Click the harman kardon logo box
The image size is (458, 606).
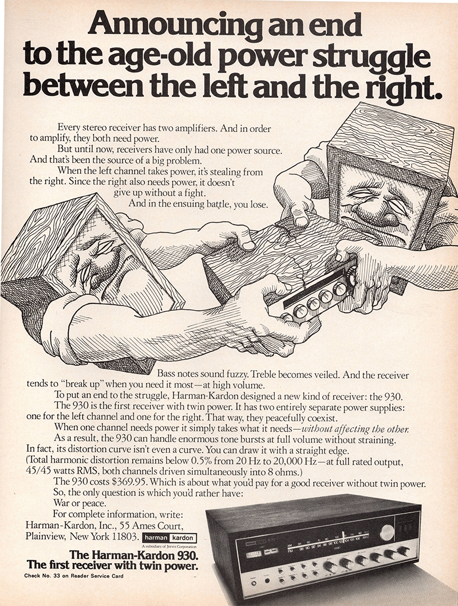[169, 538]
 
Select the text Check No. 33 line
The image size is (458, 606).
[73, 576]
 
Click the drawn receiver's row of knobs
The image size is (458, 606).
[318, 298]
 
